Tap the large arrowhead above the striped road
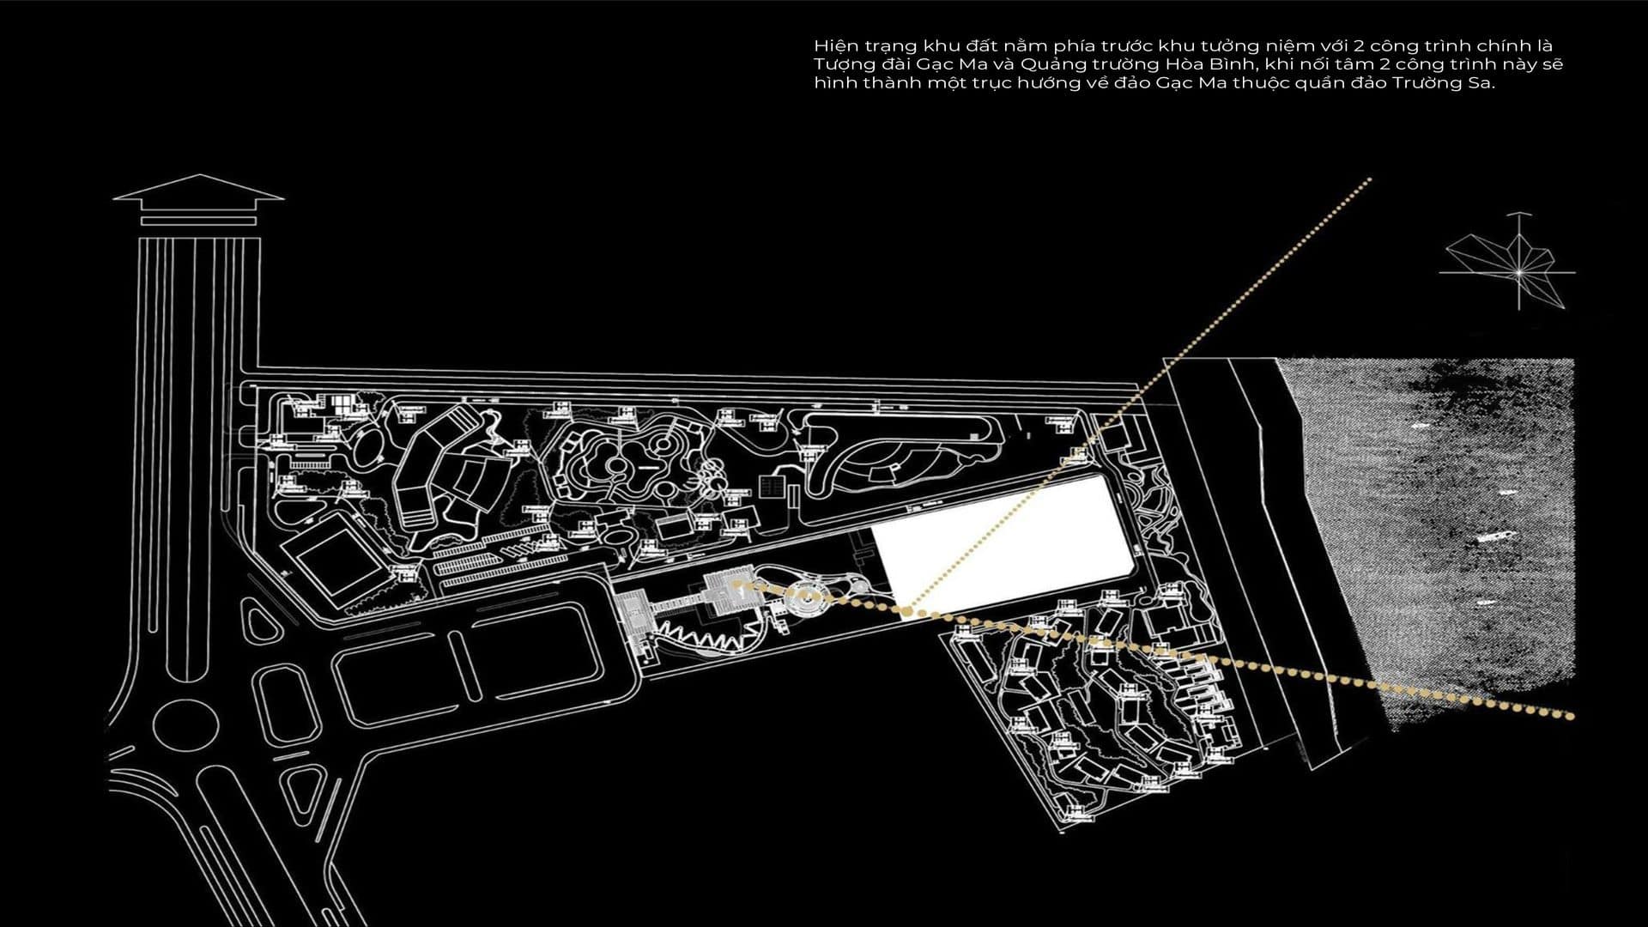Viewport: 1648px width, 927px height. click(198, 190)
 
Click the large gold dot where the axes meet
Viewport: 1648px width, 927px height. click(906, 610)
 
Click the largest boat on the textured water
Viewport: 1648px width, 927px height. click(1493, 536)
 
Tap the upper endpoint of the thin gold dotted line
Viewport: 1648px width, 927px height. click(1370, 179)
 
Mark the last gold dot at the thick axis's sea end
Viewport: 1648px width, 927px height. click(1571, 715)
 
